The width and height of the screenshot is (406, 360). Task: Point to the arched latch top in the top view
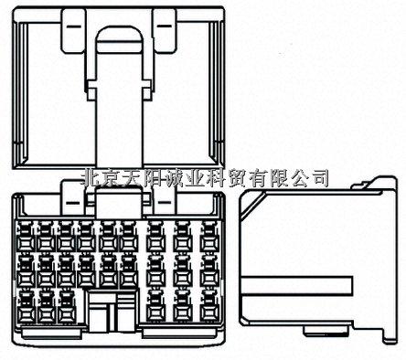[x=119, y=37]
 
